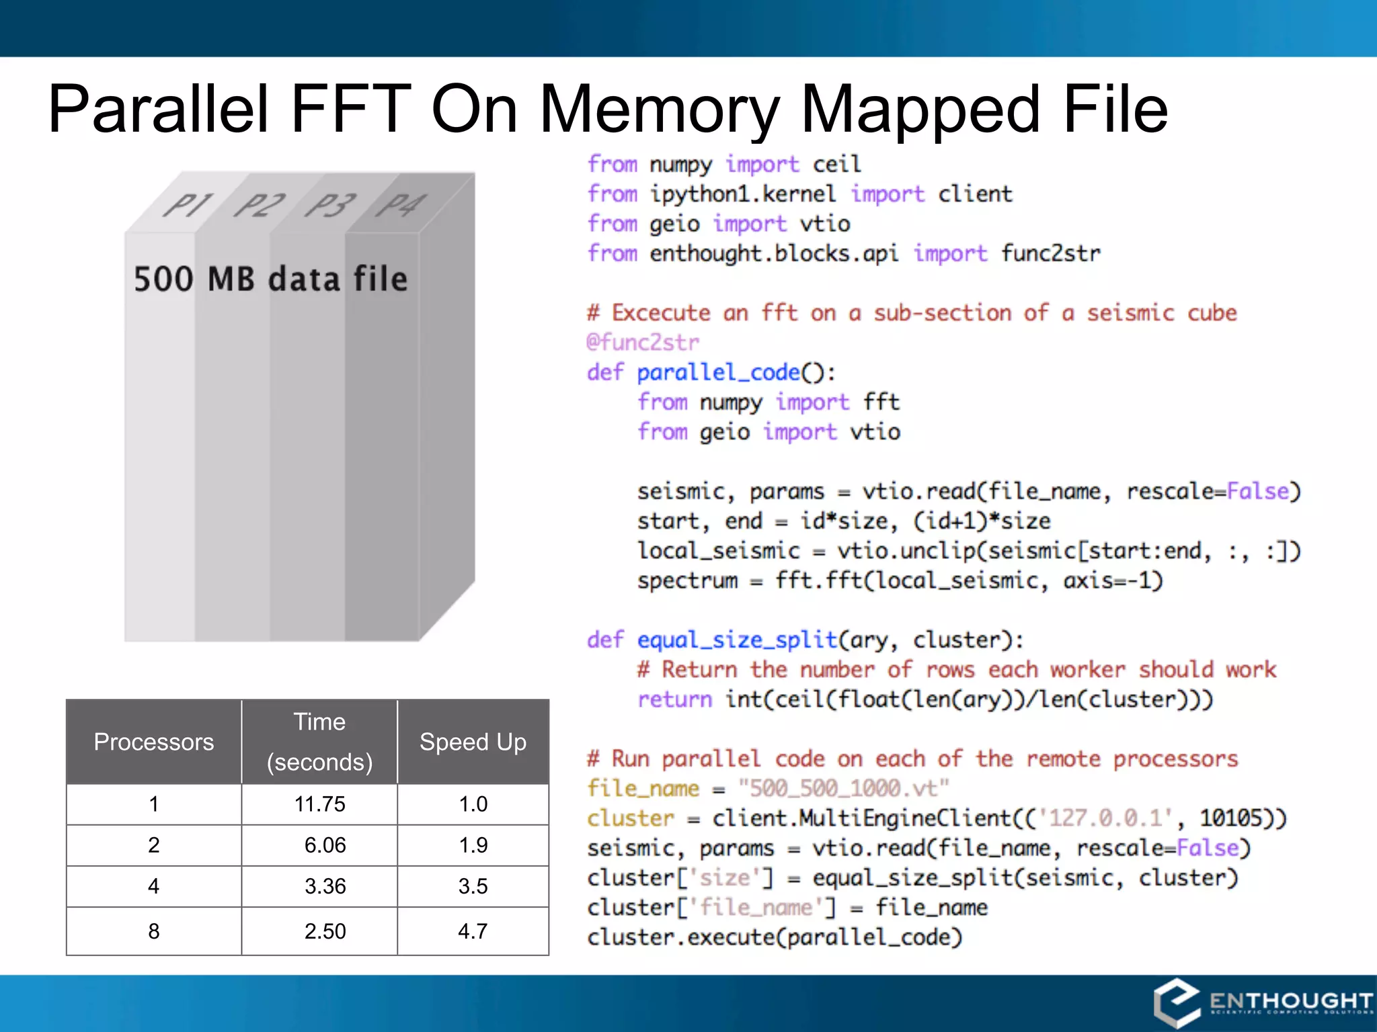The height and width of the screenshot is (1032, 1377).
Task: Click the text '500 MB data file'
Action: [x=270, y=279]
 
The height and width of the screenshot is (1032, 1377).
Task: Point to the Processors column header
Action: [x=153, y=742]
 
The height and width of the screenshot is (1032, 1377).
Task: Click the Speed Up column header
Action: [x=473, y=742]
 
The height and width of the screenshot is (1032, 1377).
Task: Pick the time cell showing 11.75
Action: [x=319, y=804]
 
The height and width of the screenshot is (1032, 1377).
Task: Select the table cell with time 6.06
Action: [x=325, y=845]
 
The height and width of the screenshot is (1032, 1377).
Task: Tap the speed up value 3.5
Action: [x=473, y=886]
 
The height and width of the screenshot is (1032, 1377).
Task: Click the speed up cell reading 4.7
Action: [x=473, y=931]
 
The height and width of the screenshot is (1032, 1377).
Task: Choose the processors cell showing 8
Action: [x=153, y=931]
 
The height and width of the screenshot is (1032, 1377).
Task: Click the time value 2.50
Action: [x=325, y=931]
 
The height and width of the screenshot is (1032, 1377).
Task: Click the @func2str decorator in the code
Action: [x=643, y=343]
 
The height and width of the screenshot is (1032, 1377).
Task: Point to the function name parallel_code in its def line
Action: [x=719, y=372]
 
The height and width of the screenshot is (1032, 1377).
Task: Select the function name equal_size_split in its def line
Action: [x=737, y=640]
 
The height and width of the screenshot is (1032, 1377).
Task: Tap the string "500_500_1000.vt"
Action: [x=843, y=788]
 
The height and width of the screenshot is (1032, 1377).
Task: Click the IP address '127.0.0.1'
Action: [x=1105, y=818]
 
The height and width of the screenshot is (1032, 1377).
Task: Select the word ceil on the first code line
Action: [x=836, y=165]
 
